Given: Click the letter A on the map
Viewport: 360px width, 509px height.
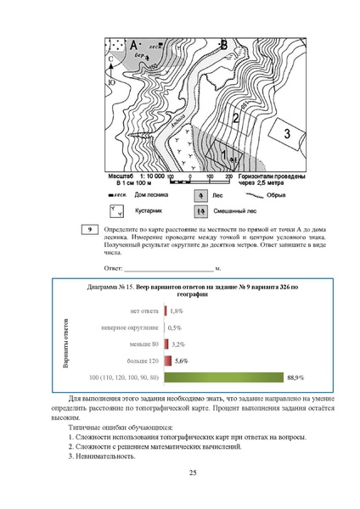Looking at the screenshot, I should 133,43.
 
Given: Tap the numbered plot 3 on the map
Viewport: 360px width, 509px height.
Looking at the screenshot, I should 287,133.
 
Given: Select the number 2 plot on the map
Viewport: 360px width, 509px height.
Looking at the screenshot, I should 235,120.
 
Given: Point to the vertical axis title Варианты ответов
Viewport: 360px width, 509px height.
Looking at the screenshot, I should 65,344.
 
